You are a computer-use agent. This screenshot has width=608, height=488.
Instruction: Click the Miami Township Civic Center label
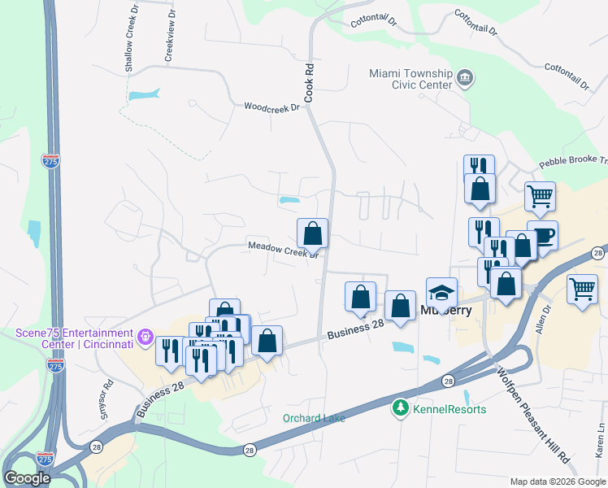point(410,78)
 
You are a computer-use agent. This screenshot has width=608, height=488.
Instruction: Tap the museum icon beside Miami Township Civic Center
point(465,79)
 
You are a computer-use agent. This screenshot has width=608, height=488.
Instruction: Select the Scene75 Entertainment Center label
point(74,338)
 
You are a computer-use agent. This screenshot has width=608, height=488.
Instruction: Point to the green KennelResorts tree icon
point(400,408)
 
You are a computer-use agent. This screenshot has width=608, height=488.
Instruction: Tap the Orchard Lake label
point(314,418)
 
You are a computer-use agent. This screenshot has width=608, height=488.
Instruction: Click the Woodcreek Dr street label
point(272,107)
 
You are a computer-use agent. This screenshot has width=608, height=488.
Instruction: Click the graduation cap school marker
point(442,292)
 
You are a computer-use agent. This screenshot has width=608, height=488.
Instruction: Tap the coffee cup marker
point(542,236)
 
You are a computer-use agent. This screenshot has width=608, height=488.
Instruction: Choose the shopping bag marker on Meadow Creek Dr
point(312,234)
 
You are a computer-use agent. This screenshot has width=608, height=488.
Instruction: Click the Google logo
point(28,478)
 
